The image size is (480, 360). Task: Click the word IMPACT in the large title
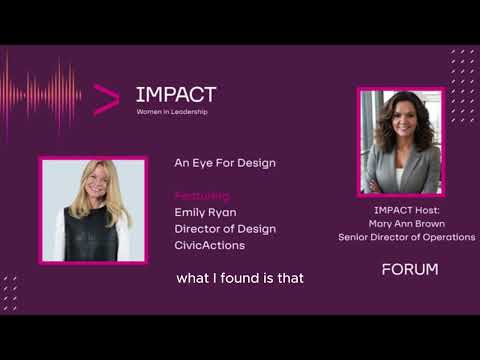[x=176, y=95]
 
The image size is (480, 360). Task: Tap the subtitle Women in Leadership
[x=175, y=111]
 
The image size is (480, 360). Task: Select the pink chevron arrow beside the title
[x=106, y=98]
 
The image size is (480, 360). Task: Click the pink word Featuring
[x=202, y=196]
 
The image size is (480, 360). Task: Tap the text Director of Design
[x=225, y=229]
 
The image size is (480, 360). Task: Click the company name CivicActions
[x=210, y=245]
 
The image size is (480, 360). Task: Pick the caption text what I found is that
[x=239, y=278]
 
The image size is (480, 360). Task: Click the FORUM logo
[x=410, y=270]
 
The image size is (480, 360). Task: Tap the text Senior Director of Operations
[x=406, y=238]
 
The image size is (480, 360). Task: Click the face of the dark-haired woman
[x=400, y=120]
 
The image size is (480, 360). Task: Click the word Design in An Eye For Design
[x=255, y=162]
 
